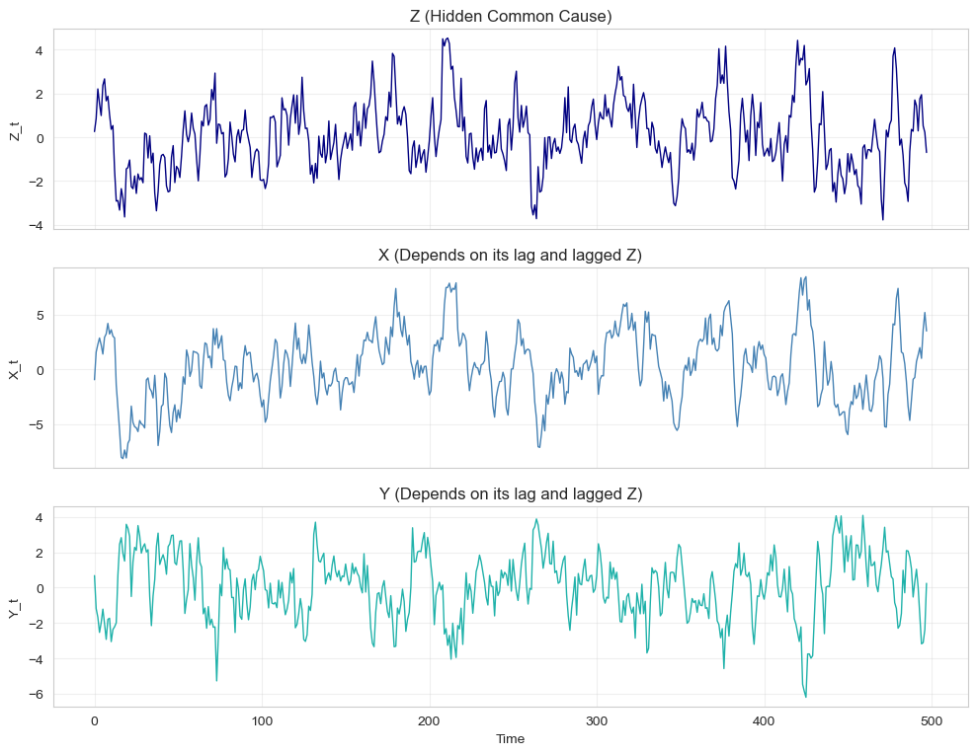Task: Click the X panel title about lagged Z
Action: [x=511, y=255]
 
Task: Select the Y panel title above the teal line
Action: [x=511, y=493]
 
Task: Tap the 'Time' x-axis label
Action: [x=511, y=738]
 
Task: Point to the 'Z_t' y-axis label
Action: [x=15, y=128]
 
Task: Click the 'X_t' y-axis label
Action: [x=15, y=367]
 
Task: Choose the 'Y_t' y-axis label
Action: [x=15, y=606]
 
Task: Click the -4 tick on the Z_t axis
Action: [x=37, y=226]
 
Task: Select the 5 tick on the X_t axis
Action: [x=41, y=316]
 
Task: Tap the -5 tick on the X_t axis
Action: [x=37, y=425]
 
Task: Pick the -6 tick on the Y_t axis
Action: [x=37, y=695]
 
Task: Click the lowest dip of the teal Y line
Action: [x=806, y=697]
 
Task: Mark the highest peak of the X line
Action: [x=806, y=277]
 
